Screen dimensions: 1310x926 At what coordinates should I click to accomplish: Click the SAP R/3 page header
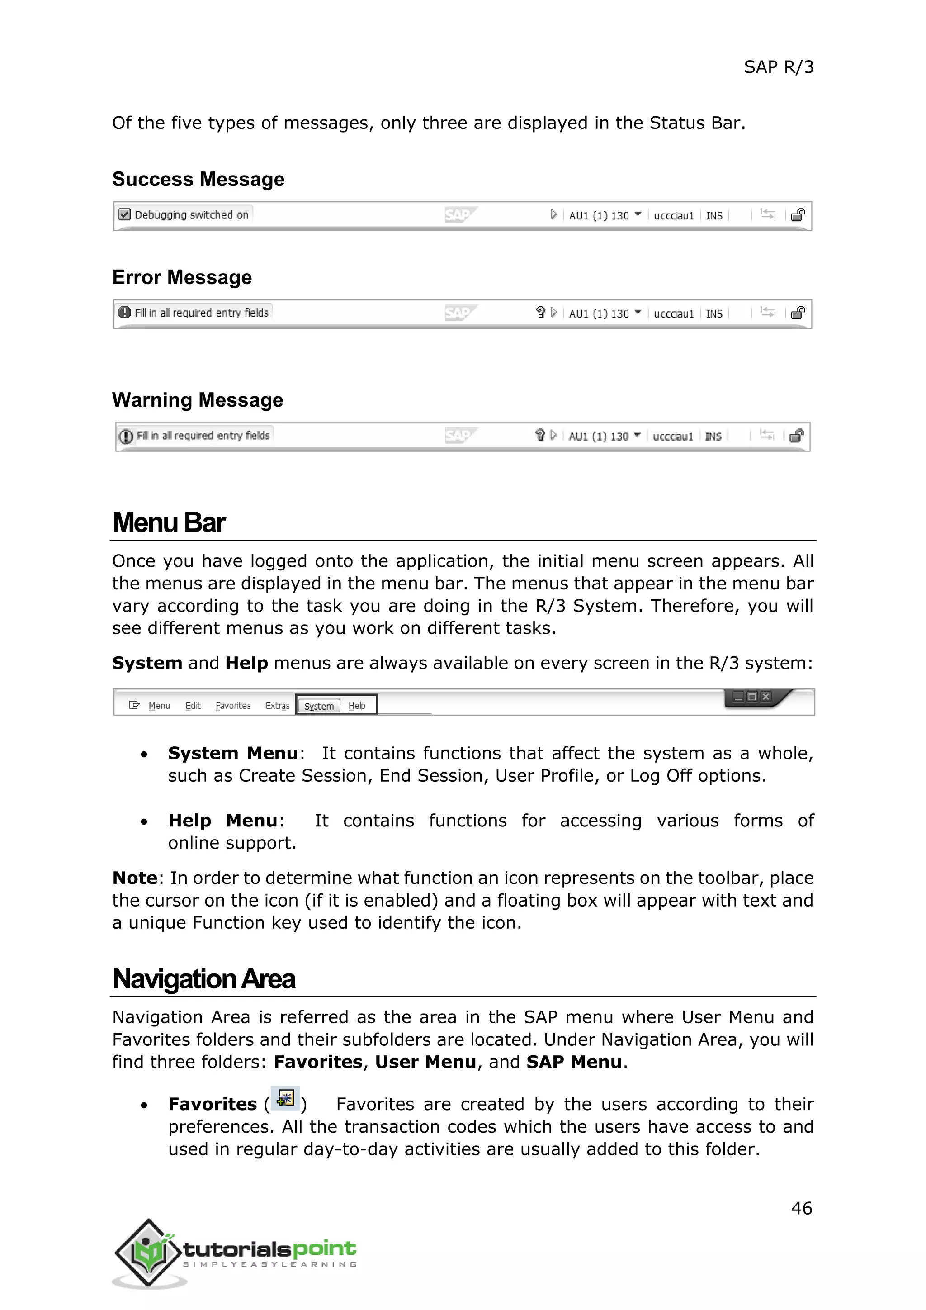[x=778, y=67]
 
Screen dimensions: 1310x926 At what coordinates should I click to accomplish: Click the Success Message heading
[x=198, y=179]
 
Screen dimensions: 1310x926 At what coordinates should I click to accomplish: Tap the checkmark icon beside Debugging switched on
[x=124, y=214]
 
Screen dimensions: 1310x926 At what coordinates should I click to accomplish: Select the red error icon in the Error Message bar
[x=124, y=313]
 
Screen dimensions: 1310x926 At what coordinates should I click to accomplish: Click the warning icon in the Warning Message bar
[x=125, y=437]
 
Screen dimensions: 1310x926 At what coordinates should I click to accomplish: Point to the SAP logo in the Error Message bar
[x=459, y=313]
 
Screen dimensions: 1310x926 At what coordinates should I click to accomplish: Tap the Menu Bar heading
[x=169, y=522]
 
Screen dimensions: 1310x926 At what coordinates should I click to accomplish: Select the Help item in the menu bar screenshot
[x=357, y=706]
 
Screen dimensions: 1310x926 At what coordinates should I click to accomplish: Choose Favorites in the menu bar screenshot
[x=233, y=706]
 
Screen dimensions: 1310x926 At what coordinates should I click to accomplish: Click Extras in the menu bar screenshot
[x=277, y=706]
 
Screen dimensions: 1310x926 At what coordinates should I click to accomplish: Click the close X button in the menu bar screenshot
[x=766, y=697]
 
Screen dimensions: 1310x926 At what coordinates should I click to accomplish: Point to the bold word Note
[x=135, y=878]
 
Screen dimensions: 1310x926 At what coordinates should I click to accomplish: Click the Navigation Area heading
[x=203, y=979]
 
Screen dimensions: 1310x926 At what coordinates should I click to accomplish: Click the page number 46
[x=801, y=1208]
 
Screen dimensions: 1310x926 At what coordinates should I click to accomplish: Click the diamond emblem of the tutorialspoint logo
[x=149, y=1253]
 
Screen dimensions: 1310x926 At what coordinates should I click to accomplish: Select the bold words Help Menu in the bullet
[x=222, y=821]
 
